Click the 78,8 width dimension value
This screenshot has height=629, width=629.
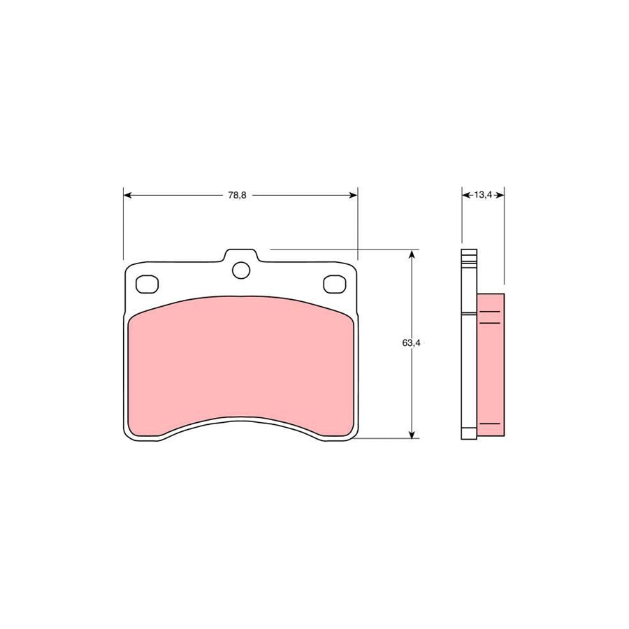coord(237,196)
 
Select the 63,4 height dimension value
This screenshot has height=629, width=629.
coord(410,343)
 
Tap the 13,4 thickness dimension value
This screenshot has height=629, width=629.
coord(483,195)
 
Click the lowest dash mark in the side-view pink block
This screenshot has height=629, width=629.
coord(491,424)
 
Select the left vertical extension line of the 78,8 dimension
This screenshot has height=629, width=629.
coord(123,224)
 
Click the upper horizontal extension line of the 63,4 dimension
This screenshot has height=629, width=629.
coord(342,249)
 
